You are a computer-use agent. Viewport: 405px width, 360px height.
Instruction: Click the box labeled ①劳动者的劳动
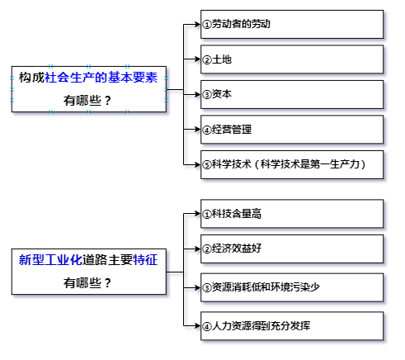tap(292, 24)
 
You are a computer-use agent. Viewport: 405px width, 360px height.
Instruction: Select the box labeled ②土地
tap(292, 59)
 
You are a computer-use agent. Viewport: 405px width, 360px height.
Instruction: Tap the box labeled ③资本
tap(292, 94)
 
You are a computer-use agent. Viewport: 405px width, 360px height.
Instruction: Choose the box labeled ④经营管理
tap(292, 130)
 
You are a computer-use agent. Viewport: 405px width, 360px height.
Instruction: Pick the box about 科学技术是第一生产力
tap(292, 164)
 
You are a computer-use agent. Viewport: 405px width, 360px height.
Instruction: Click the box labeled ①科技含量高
tap(292, 214)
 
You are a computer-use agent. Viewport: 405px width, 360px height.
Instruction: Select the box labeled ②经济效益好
tap(292, 249)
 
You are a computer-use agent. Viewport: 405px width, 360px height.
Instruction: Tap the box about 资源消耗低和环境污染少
tap(292, 287)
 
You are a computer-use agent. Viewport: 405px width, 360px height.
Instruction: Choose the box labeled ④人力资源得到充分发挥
tap(292, 326)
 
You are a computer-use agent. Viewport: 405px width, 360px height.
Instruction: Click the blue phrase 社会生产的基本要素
tap(101, 78)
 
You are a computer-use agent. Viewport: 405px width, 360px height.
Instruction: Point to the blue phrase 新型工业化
tap(50, 260)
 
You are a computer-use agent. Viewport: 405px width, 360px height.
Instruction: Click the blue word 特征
tap(145, 260)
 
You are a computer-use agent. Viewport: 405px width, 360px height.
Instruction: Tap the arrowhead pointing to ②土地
tap(197, 59)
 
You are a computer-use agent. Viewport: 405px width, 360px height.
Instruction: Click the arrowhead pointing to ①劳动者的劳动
tap(197, 24)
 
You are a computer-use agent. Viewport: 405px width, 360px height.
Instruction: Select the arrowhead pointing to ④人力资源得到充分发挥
tap(197, 326)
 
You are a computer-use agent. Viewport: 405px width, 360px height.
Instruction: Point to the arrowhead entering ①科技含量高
tap(197, 214)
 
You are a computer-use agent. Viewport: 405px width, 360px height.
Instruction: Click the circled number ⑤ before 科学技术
tap(207, 165)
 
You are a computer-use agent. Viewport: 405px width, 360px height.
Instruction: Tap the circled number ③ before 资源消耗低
tap(207, 288)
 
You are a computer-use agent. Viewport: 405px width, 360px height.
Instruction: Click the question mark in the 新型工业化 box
tap(107, 283)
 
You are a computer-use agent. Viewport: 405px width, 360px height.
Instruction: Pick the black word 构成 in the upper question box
tap(31, 78)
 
